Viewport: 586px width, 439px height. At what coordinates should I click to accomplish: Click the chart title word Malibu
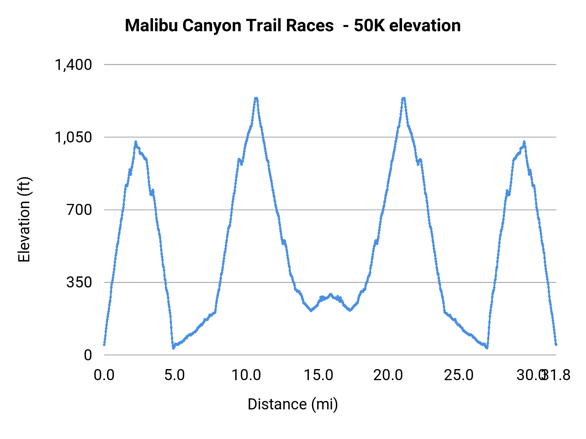click(151, 25)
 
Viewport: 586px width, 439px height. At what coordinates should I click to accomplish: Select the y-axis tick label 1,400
click(74, 65)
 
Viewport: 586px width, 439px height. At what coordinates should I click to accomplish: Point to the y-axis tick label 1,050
click(74, 137)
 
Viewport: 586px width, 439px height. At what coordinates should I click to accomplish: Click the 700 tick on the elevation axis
click(79, 210)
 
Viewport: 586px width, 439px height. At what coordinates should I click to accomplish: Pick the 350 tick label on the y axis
click(79, 282)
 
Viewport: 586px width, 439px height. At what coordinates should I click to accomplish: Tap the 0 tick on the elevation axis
click(88, 355)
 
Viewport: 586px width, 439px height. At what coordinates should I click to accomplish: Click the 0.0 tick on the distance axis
click(104, 375)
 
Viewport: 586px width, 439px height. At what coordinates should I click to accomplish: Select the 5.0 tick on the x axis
click(174, 375)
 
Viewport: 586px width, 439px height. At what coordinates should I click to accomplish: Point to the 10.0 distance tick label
click(246, 375)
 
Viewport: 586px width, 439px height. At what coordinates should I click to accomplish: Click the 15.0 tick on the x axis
click(318, 375)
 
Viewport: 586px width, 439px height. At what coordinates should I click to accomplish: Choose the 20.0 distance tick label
click(388, 375)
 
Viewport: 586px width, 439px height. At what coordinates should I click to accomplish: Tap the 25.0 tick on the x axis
click(459, 375)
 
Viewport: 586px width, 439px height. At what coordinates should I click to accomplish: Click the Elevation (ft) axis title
click(24, 219)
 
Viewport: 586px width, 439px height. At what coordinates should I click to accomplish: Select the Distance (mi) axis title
click(293, 404)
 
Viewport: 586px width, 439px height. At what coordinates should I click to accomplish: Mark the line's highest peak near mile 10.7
click(256, 98)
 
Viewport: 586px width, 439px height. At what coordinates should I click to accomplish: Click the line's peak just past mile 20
click(404, 98)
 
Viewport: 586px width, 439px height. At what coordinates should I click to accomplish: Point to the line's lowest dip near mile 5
click(174, 348)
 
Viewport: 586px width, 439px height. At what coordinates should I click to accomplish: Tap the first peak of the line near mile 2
click(136, 142)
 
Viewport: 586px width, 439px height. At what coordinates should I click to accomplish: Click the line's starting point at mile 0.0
click(104, 344)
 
